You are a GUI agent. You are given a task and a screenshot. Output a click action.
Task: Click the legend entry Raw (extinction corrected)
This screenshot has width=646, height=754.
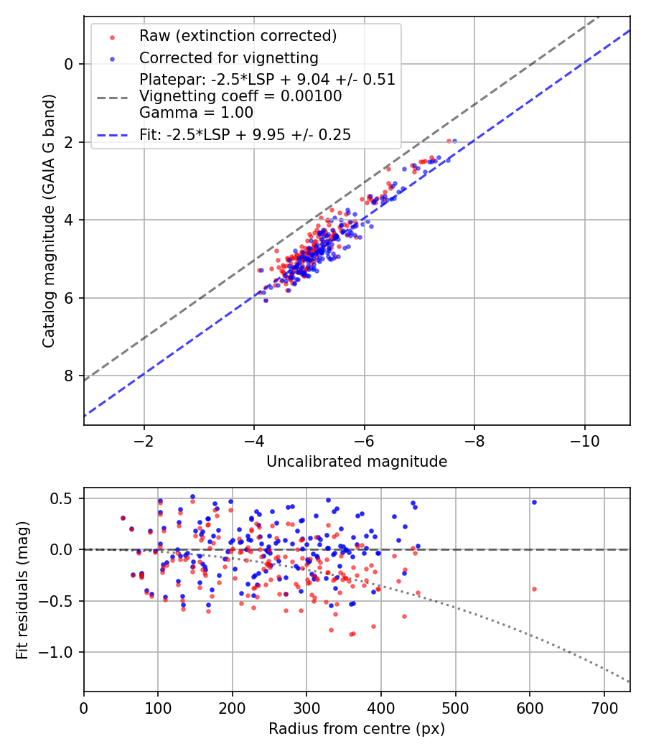coord(238,36)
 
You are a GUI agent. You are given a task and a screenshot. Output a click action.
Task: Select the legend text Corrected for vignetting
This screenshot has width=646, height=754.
coord(229,57)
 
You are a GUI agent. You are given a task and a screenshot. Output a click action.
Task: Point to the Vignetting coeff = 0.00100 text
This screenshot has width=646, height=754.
coord(240,96)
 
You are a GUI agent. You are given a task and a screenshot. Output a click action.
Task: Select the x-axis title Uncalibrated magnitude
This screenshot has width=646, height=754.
coord(357,462)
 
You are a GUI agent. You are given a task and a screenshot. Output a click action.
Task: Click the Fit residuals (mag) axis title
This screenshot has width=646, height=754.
coord(23,590)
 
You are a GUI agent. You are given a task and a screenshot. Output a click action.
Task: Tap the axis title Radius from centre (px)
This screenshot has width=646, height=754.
coord(357,729)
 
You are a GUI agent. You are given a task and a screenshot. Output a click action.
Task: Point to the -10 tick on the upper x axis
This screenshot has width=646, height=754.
coord(584,439)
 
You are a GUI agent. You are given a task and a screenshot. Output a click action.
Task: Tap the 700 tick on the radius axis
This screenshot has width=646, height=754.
coord(604,707)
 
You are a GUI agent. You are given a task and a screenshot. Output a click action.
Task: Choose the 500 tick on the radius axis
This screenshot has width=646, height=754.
coord(455,707)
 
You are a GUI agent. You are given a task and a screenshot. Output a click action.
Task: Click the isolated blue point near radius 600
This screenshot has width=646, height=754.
coord(534,502)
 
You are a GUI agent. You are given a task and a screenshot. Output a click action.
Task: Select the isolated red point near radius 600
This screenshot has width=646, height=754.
coord(534,589)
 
